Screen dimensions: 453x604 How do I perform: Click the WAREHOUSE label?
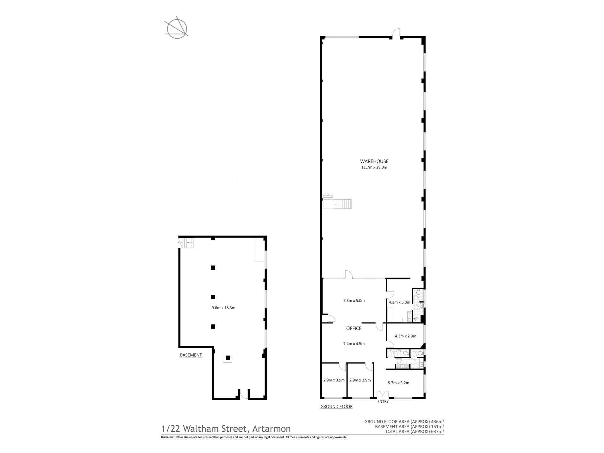pos(374,162)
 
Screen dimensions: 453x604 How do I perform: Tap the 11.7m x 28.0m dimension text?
pos(374,167)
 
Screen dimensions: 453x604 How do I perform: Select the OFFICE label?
pos(354,329)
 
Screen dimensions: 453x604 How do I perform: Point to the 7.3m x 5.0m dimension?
pos(354,301)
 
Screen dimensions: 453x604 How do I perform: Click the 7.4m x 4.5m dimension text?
pos(354,344)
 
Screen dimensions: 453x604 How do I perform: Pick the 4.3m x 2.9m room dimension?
pos(405,336)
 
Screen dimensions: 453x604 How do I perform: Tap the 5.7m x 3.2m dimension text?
pos(398,383)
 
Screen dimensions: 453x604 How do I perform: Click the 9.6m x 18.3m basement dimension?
pos(223,308)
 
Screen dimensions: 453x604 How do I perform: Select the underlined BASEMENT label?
pos(191,355)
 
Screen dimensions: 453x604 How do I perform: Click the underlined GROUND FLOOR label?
pos(336,407)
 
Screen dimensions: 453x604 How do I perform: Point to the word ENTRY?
pos(383,402)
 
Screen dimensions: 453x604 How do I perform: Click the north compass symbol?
pos(177,29)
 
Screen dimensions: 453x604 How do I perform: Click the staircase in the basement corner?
pos(186,243)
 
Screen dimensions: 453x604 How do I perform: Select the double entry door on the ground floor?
pos(383,395)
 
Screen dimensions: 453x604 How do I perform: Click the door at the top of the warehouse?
pos(396,33)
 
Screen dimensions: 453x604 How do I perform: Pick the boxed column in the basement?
pos(228,358)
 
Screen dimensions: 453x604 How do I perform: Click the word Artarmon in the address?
pos(271,429)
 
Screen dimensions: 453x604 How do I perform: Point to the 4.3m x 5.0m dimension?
pos(399,302)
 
